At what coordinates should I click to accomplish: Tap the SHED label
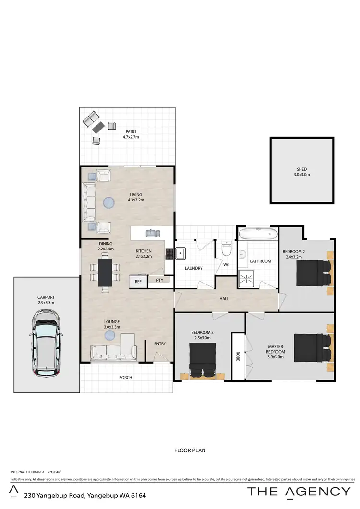301,169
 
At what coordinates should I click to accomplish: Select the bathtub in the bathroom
258,235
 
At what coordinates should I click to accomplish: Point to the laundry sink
181,253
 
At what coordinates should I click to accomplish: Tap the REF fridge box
138,282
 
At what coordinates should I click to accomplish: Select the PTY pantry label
159,280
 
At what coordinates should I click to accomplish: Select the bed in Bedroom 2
313,272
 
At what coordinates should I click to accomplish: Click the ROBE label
237,357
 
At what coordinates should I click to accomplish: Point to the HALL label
225,298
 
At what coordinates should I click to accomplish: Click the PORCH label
126,377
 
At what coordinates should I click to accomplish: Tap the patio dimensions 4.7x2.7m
129,137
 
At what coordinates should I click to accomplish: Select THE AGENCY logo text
299,491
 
